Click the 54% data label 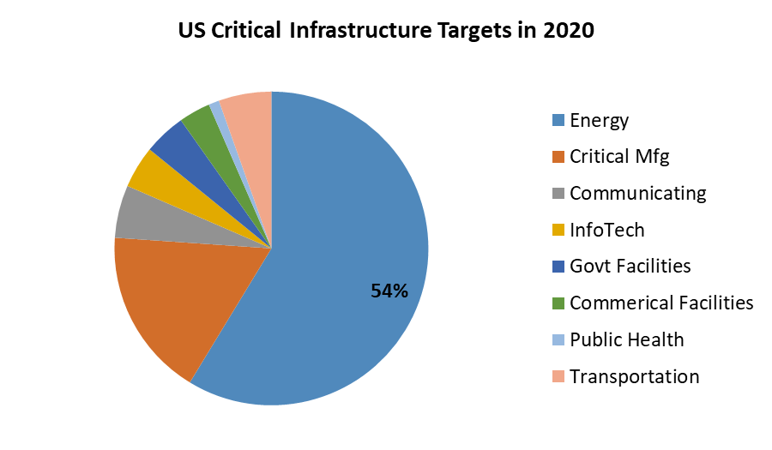click(389, 291)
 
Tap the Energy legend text click(599, 121)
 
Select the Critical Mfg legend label click(619, 157)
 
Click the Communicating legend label click(637, 194)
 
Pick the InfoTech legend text click(606, 230)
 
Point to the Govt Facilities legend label click(630, 267)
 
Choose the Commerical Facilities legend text click(660, 303)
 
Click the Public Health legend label click(626, 339)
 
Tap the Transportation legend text click(634, 376)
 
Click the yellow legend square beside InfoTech click(558, 231)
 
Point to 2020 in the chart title click(568, 32)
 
